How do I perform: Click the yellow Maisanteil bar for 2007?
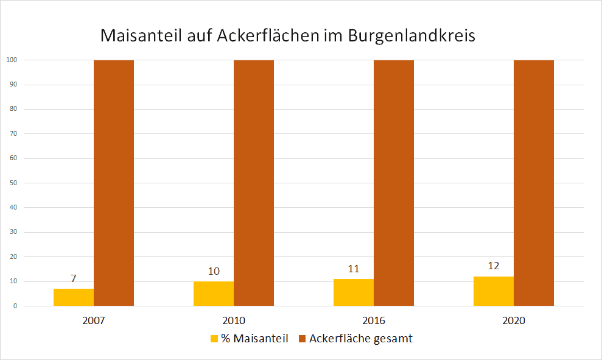coord(74,297)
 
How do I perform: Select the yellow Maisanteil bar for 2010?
coord(214,294)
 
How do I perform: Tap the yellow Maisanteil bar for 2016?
coord(354,292)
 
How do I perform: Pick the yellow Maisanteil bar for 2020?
coord(494,291)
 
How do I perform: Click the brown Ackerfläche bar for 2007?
coord(114,183)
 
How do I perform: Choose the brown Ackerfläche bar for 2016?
coord(394,183)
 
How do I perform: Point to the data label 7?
coord(74,278)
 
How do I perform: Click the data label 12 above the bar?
coord(494,266)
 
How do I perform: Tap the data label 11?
coord(354,269)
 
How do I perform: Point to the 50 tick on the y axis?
coord(13,183)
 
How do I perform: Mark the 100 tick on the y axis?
coord(12,60)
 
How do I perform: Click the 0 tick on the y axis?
coord(15,306)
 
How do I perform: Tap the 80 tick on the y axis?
coord(13,109)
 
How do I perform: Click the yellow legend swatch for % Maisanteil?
coord(214,339)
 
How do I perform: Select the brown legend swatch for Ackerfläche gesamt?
coord(303,339)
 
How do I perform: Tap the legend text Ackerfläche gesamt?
coord(360,339)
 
